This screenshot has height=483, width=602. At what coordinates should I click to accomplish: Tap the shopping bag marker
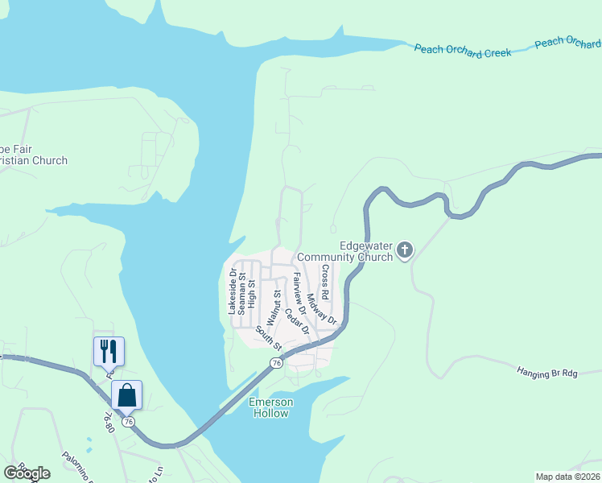(x=126, y=395)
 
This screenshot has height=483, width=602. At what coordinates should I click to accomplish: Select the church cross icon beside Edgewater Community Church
(x=404, y=251)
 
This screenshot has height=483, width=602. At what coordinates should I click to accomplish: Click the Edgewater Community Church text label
(x=344, y=251)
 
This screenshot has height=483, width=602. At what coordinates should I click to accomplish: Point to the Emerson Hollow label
(x=271, y=407)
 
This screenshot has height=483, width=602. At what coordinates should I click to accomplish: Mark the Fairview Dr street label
(x=299, y=292)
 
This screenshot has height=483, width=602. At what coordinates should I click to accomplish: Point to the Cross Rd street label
(x=325, y=279)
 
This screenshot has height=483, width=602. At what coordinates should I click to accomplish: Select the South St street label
(x=268, y=339)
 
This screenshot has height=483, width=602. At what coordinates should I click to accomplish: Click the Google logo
(x=27, y=473)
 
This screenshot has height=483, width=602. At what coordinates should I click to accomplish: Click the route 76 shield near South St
(x=277, y=363)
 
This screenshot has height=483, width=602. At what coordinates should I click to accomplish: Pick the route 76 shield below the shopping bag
(x=127, y=421)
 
